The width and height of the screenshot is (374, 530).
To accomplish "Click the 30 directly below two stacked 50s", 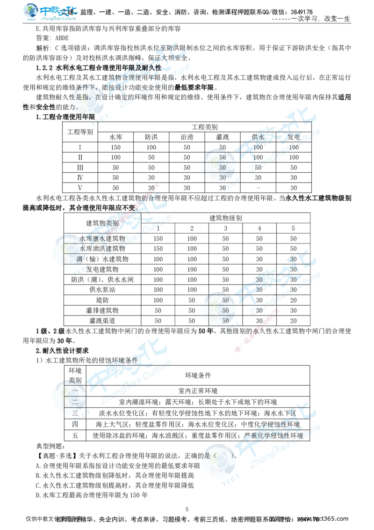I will (x=223, y=177).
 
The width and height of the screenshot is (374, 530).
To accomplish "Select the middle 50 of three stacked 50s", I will (x=225, y=310).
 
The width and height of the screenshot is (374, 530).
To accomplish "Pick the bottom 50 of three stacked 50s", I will (x=225, y=321).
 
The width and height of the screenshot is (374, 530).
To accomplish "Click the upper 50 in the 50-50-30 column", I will (x=223, y=157).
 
